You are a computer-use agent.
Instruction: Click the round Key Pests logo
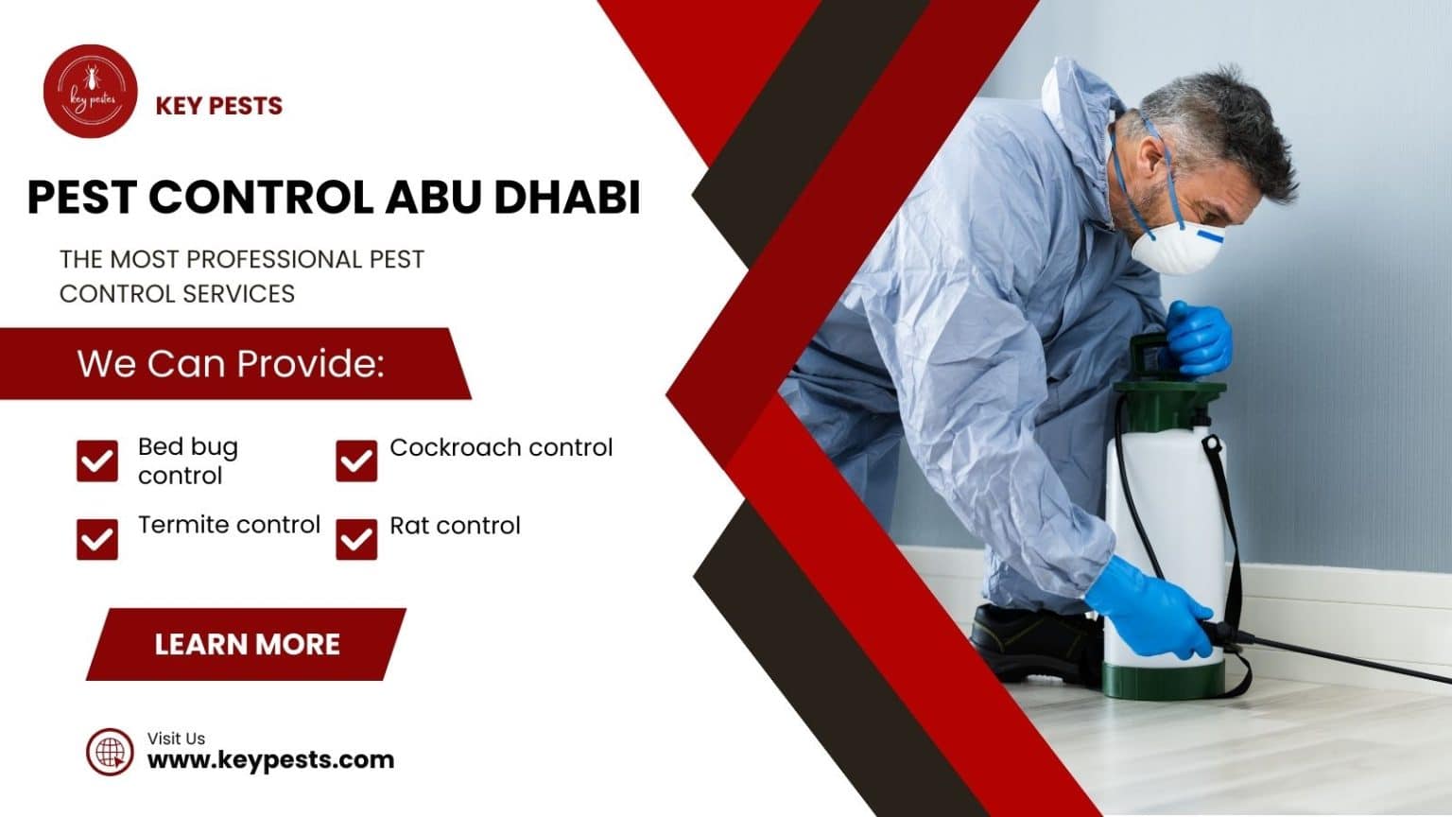tap(91, 92)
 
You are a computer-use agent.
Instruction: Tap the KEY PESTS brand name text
tap(218, 105)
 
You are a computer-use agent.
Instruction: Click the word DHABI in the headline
tap(566, 197)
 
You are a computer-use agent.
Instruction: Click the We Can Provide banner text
tap(231, 364)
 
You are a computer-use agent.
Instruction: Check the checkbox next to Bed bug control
tap(97, 461)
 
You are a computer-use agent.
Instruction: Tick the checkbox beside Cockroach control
tap(356, 461)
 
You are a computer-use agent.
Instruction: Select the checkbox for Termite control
tap(97, 539)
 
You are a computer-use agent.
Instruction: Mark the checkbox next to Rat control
tap(356, 539)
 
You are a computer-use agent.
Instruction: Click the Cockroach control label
tap(501, 447)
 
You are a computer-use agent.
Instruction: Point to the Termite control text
tap(229, 525)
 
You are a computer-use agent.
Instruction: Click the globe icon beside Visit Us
tap(110, 753)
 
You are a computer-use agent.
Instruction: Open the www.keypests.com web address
tap(270, 759)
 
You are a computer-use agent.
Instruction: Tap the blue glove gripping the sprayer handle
tap(1199, 337)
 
